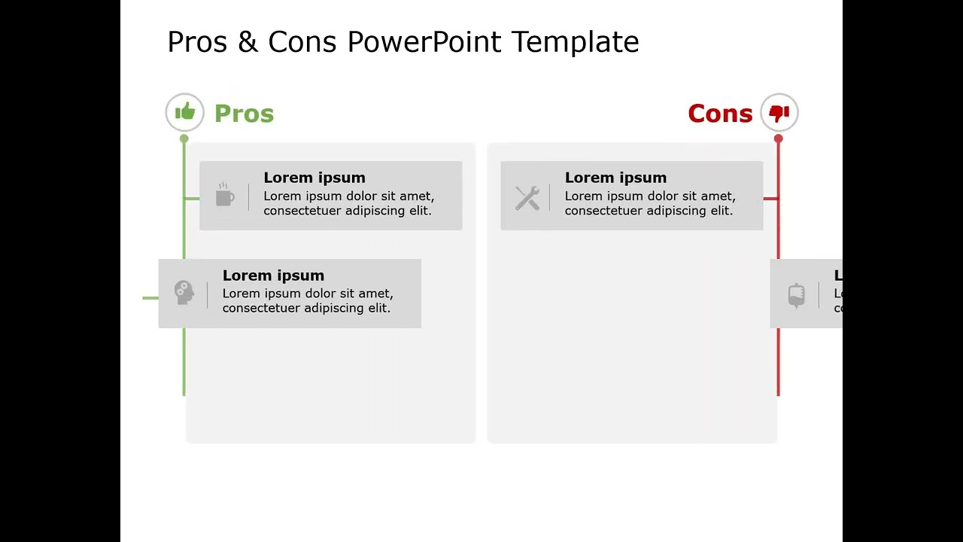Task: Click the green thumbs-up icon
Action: [185, 113]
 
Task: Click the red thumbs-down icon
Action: [779, 113]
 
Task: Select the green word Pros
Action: [244, 114]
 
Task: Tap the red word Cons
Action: [720, 114]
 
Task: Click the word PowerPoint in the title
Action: [424, 42]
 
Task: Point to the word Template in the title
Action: [576, 42]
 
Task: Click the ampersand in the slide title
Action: [247, 42]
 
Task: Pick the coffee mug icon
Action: [224, 195]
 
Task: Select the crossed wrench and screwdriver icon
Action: [527, 198]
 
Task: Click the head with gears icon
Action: [184, 292]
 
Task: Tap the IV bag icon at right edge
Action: [796, 295]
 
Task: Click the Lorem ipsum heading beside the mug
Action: [314, 178]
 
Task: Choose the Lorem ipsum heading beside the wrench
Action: [615, 178]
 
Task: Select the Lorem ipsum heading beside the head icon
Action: [273, 276]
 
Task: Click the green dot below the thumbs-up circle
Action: [184, 139]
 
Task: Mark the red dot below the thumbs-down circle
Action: [778, 139]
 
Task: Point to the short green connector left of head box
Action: [150, 298]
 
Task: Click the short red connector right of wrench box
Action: [770, 199]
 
